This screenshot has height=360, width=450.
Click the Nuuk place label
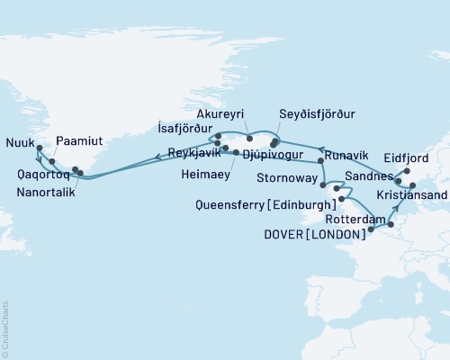[x=21, y=141]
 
